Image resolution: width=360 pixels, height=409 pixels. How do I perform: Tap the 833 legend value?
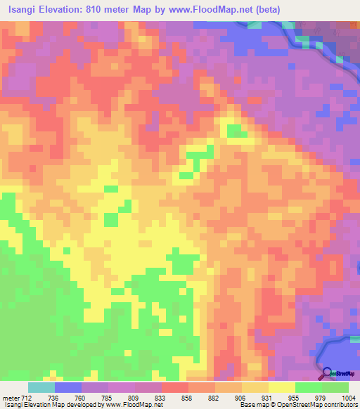click(x=160, y=397)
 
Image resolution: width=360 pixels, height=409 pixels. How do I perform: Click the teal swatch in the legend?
click(x=41, y=387)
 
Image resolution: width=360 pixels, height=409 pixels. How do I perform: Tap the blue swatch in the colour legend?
click(x=68, y=387)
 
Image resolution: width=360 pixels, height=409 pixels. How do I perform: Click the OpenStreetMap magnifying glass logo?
click(x=326, y=372)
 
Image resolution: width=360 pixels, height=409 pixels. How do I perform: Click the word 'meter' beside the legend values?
click(x=10, y=397)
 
